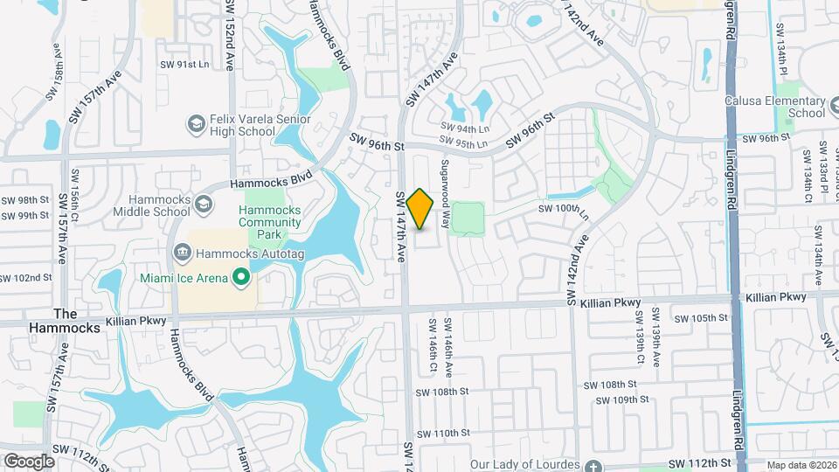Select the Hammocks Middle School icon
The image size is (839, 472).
point(204,205)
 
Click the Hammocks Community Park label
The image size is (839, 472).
point(270,222)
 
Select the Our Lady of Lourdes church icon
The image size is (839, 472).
point(594,464)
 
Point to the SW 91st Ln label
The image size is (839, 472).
point(184,65)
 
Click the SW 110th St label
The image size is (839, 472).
point(443,434)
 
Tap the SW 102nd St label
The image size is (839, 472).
point(26,278)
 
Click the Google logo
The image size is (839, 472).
point(29,461)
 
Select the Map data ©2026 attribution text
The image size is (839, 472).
point(800,465)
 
